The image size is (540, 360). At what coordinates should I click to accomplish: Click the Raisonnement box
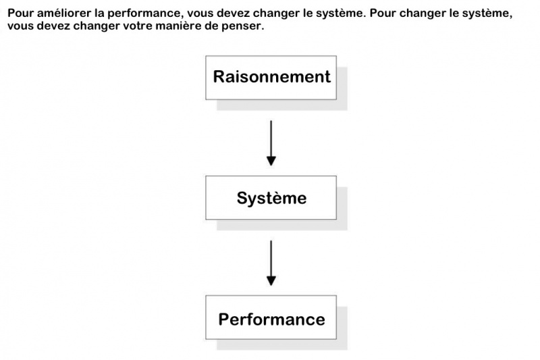tap(271, 78)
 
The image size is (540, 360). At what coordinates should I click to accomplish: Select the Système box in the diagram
tap(271, 198)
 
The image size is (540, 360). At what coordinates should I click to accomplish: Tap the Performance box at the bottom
tap(271, 317)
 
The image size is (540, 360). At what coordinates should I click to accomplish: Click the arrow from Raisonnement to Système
tap(271, 143)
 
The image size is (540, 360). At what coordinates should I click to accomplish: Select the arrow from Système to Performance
tap(271, 263)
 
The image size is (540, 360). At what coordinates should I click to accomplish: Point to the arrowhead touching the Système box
tap(271, 161)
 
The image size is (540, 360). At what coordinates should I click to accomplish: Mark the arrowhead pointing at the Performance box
tap(271, 281)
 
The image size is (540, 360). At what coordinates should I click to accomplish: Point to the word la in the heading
tap(100, 14)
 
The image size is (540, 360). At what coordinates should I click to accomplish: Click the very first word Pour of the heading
tap(20, 14)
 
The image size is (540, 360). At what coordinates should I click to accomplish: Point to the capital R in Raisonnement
tap(218, 77)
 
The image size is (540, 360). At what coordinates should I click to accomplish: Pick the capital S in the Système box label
tap(242, 198)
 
